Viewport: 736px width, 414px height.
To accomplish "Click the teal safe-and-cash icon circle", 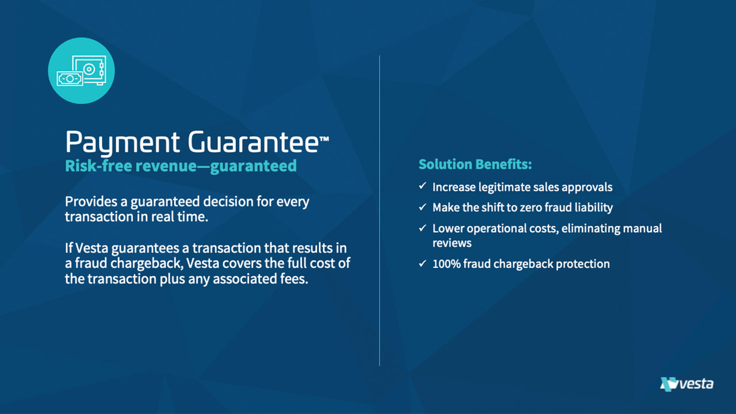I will pos(81,71).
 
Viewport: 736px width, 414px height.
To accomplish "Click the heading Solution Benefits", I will pos(475,164).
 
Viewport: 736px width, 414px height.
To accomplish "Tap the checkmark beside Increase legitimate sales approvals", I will pos(422,186).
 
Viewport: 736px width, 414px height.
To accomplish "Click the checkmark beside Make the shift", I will pos(422,206).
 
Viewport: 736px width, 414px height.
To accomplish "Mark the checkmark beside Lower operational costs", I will pos(422,228).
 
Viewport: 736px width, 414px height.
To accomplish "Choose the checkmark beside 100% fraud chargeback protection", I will pos(422,263).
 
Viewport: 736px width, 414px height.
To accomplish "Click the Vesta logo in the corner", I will pos(687,384).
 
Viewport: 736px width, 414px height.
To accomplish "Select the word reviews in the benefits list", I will pos(452,243).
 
